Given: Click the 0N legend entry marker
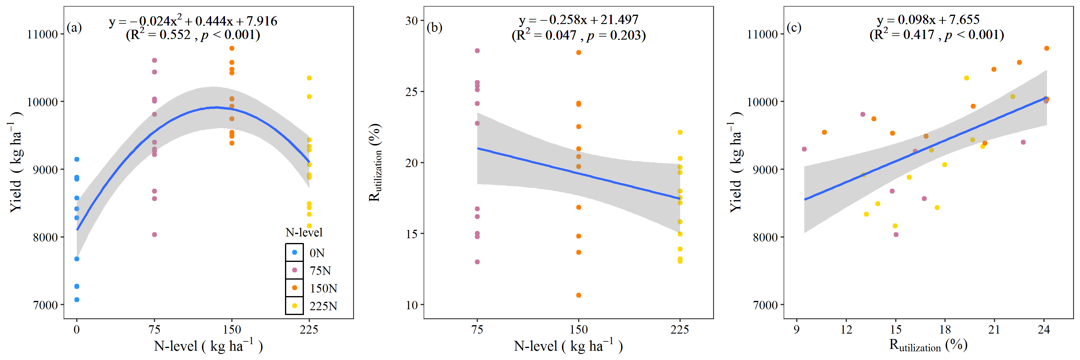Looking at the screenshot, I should pyautogui.click(x=294, y=252).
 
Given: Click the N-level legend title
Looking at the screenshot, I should pyautogui.click(x=304, y=232).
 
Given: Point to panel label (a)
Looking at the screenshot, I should pyautogui.click(x=74, y=28).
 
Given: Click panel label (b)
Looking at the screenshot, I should pyautogui.click(x=434, y=28).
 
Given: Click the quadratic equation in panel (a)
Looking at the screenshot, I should pyautogui.click(x=193, y=20).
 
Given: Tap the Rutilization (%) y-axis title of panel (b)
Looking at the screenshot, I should pyautogui.click(x=375, y=163).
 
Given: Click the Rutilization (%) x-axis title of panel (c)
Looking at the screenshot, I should pyautogui.click(x=928, y=345).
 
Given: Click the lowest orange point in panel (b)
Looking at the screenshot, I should pyautogui.click(x=579, y=295).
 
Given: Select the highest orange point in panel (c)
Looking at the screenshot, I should pyautogui.click(x=1046, y=48).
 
